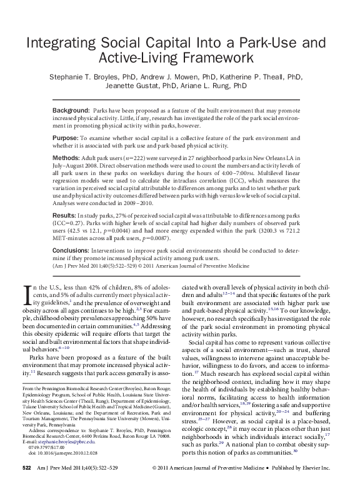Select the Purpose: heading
click(x=66, y=138)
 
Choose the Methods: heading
click(x=66, y=158)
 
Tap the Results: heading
click(x=65, y=214)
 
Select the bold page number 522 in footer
click(x=27, y=468)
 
